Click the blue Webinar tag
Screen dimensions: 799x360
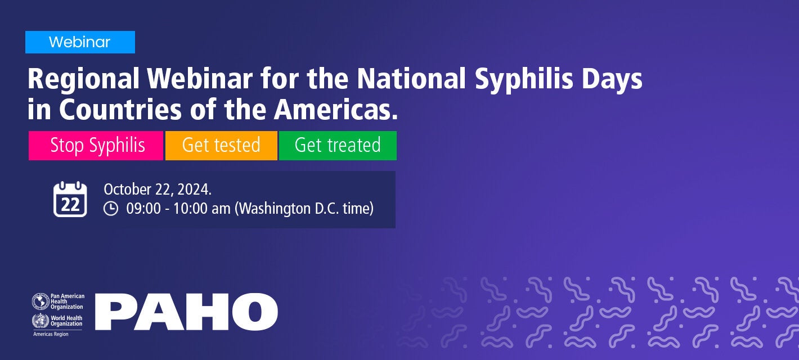tap(80, 42)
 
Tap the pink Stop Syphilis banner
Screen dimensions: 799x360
tap(96, 146)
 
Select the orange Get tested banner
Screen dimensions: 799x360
tap(221, 146)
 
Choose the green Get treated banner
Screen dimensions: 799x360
tap(338, 146)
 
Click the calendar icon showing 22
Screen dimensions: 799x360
tap(70, 199)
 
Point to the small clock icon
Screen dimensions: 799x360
tap(111, 209)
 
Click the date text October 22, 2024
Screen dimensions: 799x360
tap(158, 189)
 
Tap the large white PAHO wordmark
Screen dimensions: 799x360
tap(186, 312)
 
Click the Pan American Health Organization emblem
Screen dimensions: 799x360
tap(41, 301)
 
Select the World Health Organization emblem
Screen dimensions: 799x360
tap(41, 321)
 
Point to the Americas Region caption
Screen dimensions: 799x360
tap(51, 334)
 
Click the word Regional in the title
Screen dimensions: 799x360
tap(83, 79)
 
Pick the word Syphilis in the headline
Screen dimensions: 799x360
tap(524, 80)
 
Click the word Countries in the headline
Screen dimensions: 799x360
tap(120, 110)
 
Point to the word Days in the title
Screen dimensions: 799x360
tap(612, 80)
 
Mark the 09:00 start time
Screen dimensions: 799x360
tap(143, 209)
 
